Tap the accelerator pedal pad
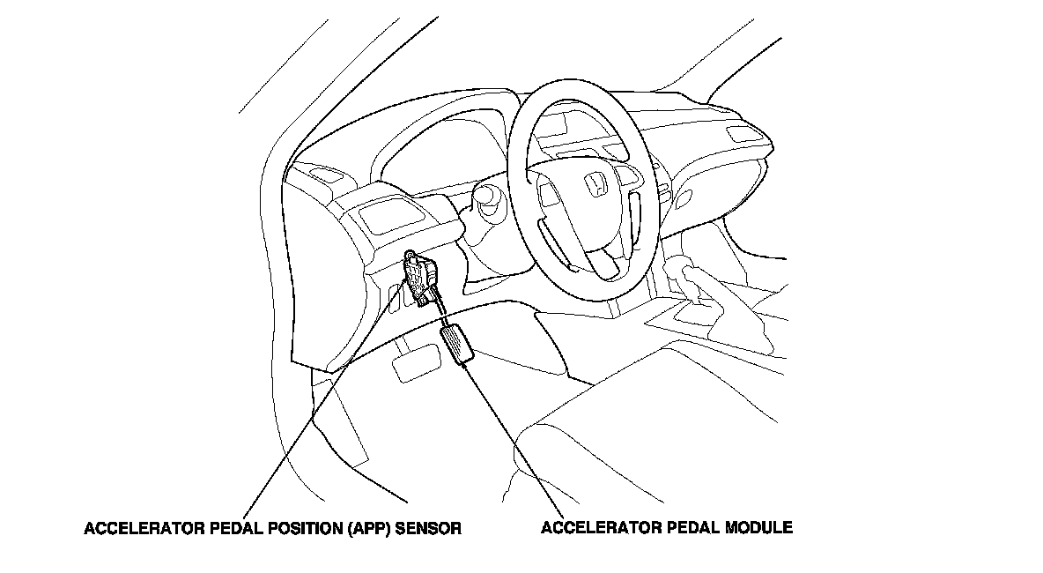458,344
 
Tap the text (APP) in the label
367,530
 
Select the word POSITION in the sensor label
299,530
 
